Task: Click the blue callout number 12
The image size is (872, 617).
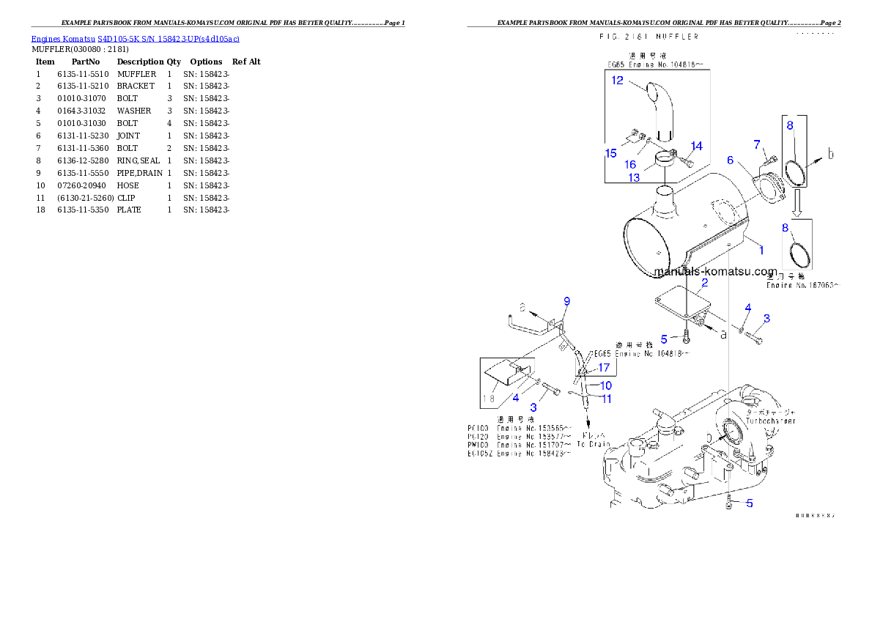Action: coord(618,81)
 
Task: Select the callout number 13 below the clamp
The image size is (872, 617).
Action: coord(634,177)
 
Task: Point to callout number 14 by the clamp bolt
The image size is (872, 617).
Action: coord(696,146)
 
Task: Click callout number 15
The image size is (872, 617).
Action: coord(611,153)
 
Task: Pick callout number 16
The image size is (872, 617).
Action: coord(630,165)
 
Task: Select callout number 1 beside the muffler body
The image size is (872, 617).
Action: coord(761,250)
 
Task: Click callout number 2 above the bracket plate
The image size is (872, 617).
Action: coord(704,282)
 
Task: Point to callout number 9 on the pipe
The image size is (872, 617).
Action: coord(566,300)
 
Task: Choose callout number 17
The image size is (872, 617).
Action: coord(604,367)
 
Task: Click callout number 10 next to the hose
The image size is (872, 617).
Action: coord(606,385)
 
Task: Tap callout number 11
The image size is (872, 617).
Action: coord(607,399)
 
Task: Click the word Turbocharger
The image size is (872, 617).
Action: coord(770,421)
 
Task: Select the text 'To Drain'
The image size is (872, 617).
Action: coord(593,444)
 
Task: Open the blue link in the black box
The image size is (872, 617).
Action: coord(135,39)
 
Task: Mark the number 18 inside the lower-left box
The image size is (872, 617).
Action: coord(489,399)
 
